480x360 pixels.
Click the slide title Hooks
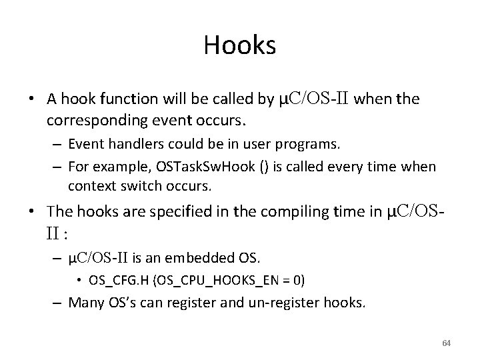240,45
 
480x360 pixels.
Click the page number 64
446,343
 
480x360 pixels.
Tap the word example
111,167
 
